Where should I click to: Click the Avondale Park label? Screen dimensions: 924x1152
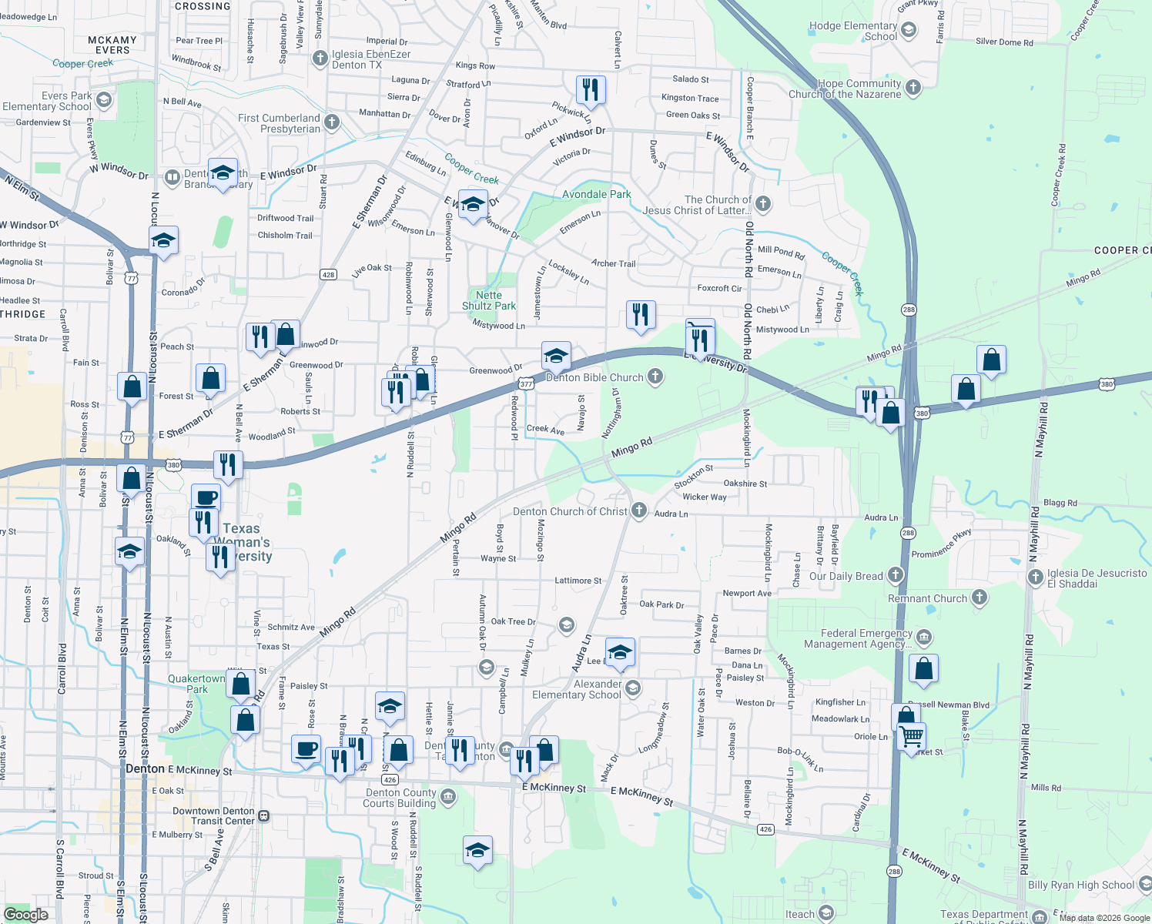(596, 194)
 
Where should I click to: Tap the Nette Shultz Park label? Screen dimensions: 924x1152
(489, 300)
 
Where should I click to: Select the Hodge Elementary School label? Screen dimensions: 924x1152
(854, 31)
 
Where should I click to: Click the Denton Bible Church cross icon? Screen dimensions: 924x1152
(655, 377)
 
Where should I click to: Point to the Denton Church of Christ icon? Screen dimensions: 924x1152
(638, 511)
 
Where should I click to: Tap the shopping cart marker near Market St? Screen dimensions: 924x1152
(911, 735)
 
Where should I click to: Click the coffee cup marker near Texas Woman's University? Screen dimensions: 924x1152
(206, 497)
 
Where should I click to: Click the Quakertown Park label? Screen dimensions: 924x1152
(196, 684)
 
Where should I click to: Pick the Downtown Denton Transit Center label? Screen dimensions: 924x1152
(213, 815)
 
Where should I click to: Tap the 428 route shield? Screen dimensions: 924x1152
(329, 275)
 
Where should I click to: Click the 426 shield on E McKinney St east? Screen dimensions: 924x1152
(765, 829)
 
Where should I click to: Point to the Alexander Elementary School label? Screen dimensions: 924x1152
(577, 689)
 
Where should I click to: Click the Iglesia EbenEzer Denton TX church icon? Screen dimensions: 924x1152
(320, 59)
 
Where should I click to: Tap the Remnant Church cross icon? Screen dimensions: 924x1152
(979, 598)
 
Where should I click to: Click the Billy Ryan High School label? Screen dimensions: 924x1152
(1080, 885)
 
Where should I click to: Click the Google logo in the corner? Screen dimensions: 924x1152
(25, 914)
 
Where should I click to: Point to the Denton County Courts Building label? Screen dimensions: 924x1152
(400, 798)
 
